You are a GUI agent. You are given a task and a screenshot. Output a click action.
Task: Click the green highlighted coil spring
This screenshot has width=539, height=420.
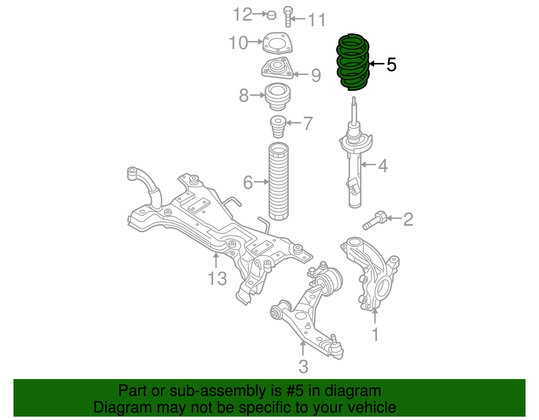click(x=353, y=63)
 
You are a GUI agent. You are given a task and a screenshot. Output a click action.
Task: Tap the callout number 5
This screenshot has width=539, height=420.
click(x=391, y=64)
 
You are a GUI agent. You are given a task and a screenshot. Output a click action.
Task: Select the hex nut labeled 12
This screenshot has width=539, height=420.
click(x=272, y=15)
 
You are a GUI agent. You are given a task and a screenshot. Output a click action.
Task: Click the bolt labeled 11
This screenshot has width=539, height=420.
click(x=288, y=17)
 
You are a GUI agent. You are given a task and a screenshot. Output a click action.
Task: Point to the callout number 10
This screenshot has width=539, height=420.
click(x=238, y=43)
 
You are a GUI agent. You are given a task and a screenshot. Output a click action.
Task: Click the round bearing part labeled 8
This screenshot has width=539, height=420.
click(x=278, y=97)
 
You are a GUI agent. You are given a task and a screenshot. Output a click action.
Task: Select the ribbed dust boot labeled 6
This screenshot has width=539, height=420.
click(x=279, y=182)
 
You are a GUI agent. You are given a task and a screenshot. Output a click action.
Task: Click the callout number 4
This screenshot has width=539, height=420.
click(x=383, y=165)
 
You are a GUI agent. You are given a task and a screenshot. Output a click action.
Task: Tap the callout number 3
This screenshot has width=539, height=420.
click(x=303, y=367)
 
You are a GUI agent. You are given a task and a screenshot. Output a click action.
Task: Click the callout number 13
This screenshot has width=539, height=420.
click(x=217, y=278)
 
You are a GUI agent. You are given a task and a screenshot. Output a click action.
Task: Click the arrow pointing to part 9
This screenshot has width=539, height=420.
click(x=301, y=74)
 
